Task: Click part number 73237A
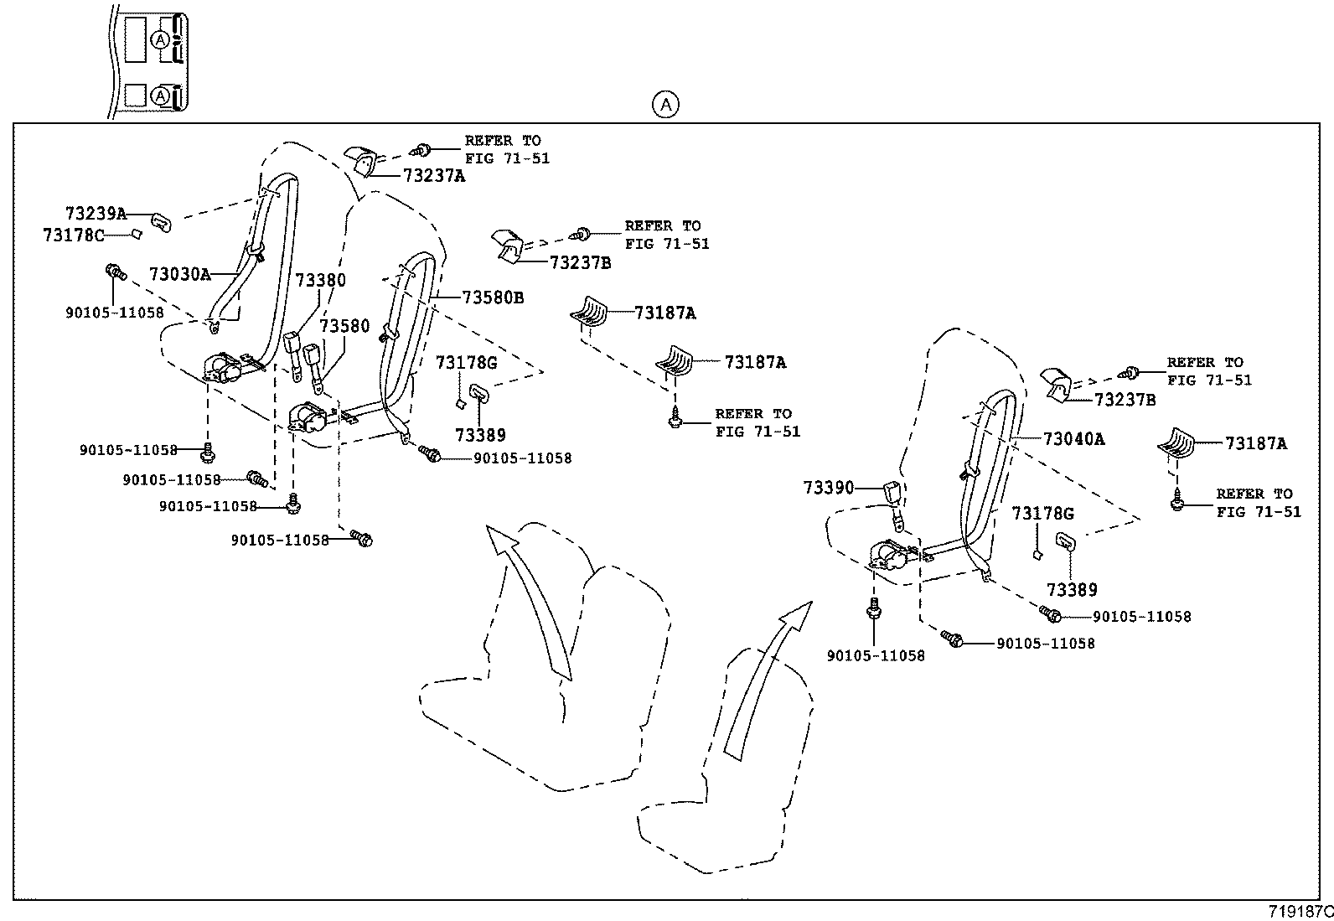(433, 176)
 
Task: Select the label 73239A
(96, 214)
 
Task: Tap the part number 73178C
(74, 235)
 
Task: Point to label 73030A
(179, 274)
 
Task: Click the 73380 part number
(320, 280)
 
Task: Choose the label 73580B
(493, 298)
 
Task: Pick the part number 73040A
(1073, 439)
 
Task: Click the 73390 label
(828, 488)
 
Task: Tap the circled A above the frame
(665, 105)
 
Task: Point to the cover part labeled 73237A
(361, 159)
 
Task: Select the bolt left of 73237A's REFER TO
(421, 151)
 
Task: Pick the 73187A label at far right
(1255, 444)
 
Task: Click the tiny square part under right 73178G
(1037, 554)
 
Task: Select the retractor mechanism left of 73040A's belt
(893, 556)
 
